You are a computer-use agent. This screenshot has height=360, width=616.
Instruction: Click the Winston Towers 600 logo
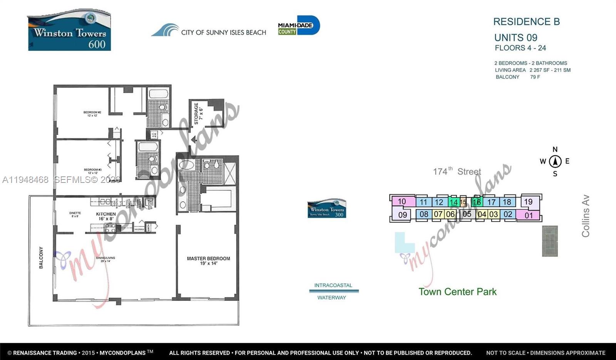click(69, 30)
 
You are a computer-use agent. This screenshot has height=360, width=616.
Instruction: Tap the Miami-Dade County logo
click(299, 26)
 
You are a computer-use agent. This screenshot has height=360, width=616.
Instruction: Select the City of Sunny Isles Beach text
click(223, 32)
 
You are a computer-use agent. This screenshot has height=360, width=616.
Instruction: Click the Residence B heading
click(526, 22)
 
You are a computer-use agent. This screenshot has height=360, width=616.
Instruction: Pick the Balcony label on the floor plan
click(41, 258)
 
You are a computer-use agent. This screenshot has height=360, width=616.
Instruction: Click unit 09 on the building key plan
click(403, 214)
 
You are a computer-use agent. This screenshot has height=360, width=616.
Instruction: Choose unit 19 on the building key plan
click(528, 202)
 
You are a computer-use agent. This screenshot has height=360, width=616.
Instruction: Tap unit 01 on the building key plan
click(529, 215)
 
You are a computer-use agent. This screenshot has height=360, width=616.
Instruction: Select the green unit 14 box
click(454, 202)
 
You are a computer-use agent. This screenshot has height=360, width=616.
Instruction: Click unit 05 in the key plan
click(467, 214)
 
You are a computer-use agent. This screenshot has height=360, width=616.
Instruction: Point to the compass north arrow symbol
click(555, 161)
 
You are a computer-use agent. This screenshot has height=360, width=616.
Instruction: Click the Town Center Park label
click(457, 292)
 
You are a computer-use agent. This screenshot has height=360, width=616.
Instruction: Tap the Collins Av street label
click(586, 216)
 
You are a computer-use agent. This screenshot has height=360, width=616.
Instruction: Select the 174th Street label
click(457, 171)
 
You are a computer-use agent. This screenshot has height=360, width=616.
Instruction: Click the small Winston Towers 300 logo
click(326, 209)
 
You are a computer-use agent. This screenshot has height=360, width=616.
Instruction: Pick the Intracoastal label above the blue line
click(333, 285)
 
